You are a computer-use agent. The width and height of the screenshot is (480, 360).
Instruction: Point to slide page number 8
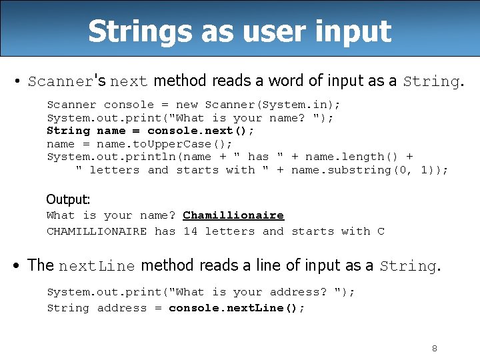click(435, 348)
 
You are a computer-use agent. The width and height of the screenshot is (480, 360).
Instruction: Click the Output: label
click(68, 199)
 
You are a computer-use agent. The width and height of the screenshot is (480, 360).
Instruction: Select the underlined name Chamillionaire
click(233, 215)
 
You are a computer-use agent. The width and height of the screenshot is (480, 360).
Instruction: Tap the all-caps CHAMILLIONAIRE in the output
click(97, 231)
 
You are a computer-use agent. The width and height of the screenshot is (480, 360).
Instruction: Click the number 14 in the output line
click(190, 231)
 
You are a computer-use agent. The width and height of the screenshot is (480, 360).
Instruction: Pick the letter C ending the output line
click(381, 231)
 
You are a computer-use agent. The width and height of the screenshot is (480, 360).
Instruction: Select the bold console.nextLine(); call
click(237, 308)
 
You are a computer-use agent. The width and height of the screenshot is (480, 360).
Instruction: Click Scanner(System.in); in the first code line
click(273, 105)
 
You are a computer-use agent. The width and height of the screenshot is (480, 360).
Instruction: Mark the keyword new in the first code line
click(187, 105)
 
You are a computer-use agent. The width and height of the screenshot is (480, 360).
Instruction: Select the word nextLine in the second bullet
click(97, 266)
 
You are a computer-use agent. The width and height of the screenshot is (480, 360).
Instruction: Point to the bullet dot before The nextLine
click(16, 266)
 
